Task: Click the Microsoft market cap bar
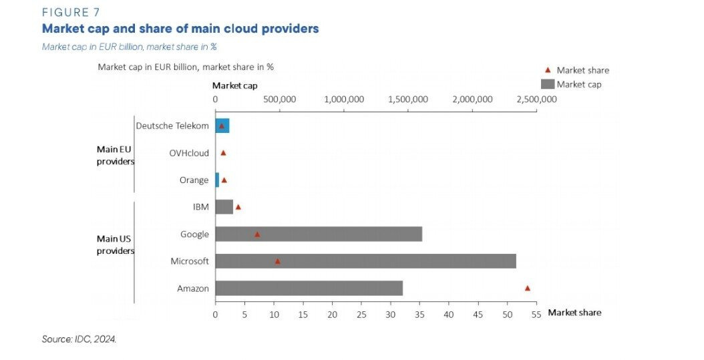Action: click(365, 261)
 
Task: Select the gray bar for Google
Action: click(319, 234)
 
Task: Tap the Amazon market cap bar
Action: click(309, 289)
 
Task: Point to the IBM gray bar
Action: click(224, 207)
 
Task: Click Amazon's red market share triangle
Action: click(527, 288)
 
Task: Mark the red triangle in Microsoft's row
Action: click(277, 261)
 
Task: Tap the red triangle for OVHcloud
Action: click(223, 153)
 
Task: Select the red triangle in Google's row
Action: click(257, 234)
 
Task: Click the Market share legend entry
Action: click(582, 70)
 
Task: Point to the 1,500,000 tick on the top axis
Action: click(409, 100)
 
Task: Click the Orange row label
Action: click(194, 180)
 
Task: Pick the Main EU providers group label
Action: click(116, 155)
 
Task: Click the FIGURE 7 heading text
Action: click(70, 12)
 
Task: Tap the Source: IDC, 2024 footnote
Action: click(79, 339)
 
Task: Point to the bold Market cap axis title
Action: click(234, 85)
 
